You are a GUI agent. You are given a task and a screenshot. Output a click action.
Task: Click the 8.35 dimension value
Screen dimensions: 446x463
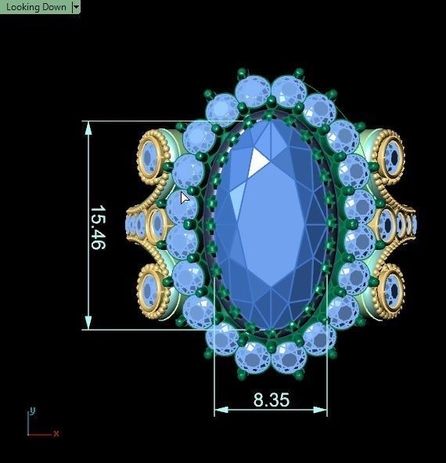click(272, 400)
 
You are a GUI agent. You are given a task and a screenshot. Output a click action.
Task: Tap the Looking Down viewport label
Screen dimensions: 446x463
click(36, 7)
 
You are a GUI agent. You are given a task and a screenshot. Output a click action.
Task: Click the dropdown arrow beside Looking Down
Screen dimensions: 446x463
click(76, 7)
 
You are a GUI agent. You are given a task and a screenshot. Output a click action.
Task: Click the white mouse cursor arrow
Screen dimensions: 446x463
click(185, 197)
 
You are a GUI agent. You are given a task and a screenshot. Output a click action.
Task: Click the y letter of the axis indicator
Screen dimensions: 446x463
click(32, 411)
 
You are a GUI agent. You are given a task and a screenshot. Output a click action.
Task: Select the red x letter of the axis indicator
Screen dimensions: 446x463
click(56, 433)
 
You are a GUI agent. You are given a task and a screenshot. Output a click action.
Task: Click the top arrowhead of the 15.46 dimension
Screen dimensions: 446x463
click(88, 128)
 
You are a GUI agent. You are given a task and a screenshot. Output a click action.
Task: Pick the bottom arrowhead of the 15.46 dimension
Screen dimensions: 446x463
click(88, 322)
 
